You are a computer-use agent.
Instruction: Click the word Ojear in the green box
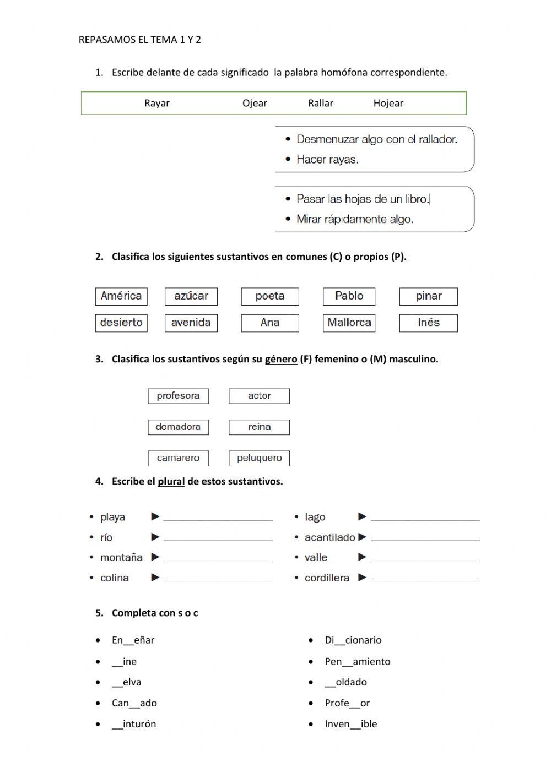255,103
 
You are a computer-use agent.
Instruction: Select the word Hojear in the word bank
388,103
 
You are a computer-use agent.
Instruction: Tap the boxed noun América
121,296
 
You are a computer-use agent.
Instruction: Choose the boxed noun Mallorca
349,323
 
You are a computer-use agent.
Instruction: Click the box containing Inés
428,323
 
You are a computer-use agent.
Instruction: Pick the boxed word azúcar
191,296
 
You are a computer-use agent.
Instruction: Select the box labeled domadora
178,427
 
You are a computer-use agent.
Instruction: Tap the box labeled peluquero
259,458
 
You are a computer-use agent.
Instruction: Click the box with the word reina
259,427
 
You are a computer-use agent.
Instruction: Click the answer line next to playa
218,518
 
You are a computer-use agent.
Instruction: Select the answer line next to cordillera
425,579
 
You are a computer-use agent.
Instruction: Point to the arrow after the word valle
362,557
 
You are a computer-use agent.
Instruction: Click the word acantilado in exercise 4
329,537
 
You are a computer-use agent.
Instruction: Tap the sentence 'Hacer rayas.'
327,160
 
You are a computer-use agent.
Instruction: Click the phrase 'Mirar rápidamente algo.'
355,219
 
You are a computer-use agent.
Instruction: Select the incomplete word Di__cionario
353,640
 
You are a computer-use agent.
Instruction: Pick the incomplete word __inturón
134,724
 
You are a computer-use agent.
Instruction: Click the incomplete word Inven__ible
350,724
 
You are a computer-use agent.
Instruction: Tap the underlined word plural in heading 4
171,481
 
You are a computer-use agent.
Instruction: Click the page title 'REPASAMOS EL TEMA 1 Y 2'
140,40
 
